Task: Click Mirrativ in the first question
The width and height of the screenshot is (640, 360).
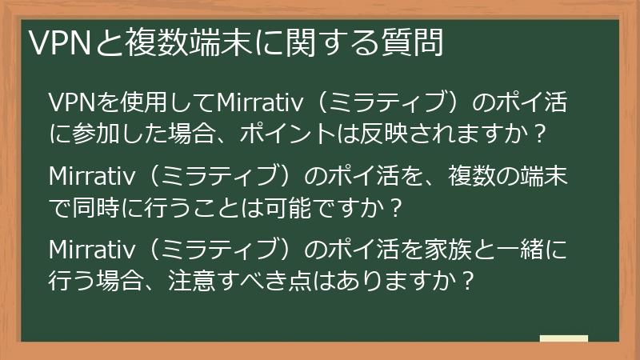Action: pyautogui.click(x=254, y=104)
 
